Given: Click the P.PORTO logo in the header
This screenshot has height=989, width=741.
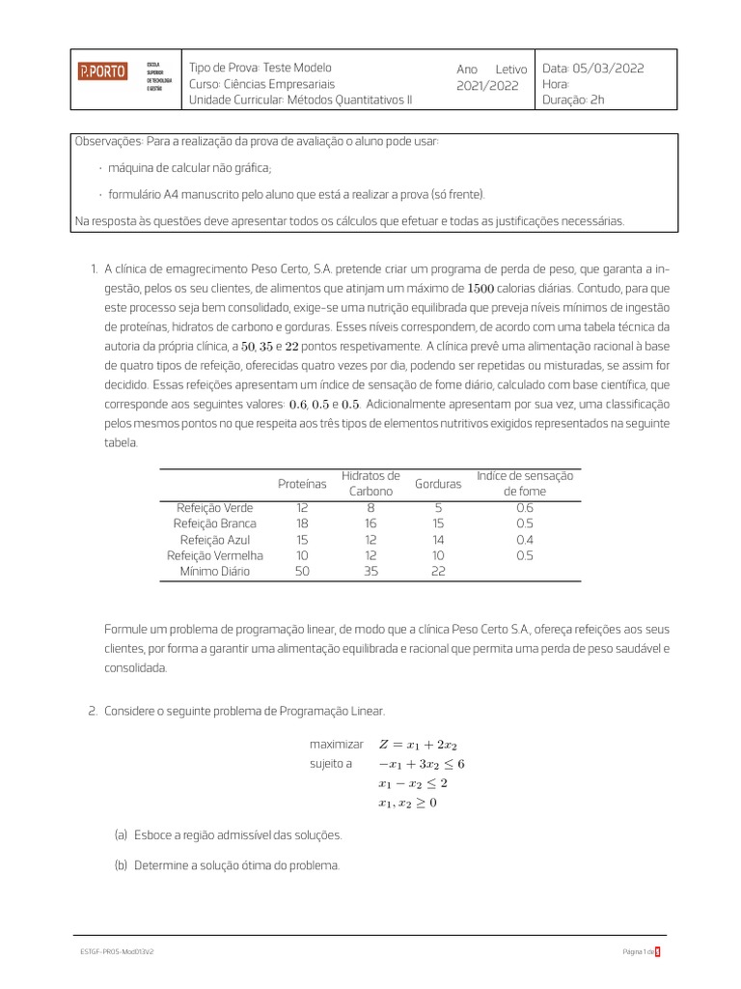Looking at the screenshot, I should [x=102, y=71].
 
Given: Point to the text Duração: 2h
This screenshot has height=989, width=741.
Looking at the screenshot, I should [x=573, y=99].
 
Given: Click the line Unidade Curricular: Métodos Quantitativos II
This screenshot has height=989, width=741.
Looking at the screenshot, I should [x=300, y=99].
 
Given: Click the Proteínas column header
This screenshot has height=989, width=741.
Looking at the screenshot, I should [x=302, y=483].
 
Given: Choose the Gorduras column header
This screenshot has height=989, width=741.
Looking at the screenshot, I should [x=437, y=483].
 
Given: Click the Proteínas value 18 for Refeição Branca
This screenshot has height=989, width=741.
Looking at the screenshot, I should [x=302, y=523].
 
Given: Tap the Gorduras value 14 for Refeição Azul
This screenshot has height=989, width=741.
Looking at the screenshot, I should [x=437, y=539].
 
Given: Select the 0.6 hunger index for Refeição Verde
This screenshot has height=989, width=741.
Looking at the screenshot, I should [x=524, y=507].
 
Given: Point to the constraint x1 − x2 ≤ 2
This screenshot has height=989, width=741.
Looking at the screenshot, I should [x=413, y=783].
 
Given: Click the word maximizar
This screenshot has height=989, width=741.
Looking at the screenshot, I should [x=336, y=745].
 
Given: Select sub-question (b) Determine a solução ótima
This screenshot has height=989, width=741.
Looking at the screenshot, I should [x=236, y=866].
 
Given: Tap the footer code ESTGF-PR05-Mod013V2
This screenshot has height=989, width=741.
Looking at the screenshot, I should [x=118, y=951].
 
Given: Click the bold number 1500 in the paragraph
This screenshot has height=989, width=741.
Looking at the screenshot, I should [x=480, y=288].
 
